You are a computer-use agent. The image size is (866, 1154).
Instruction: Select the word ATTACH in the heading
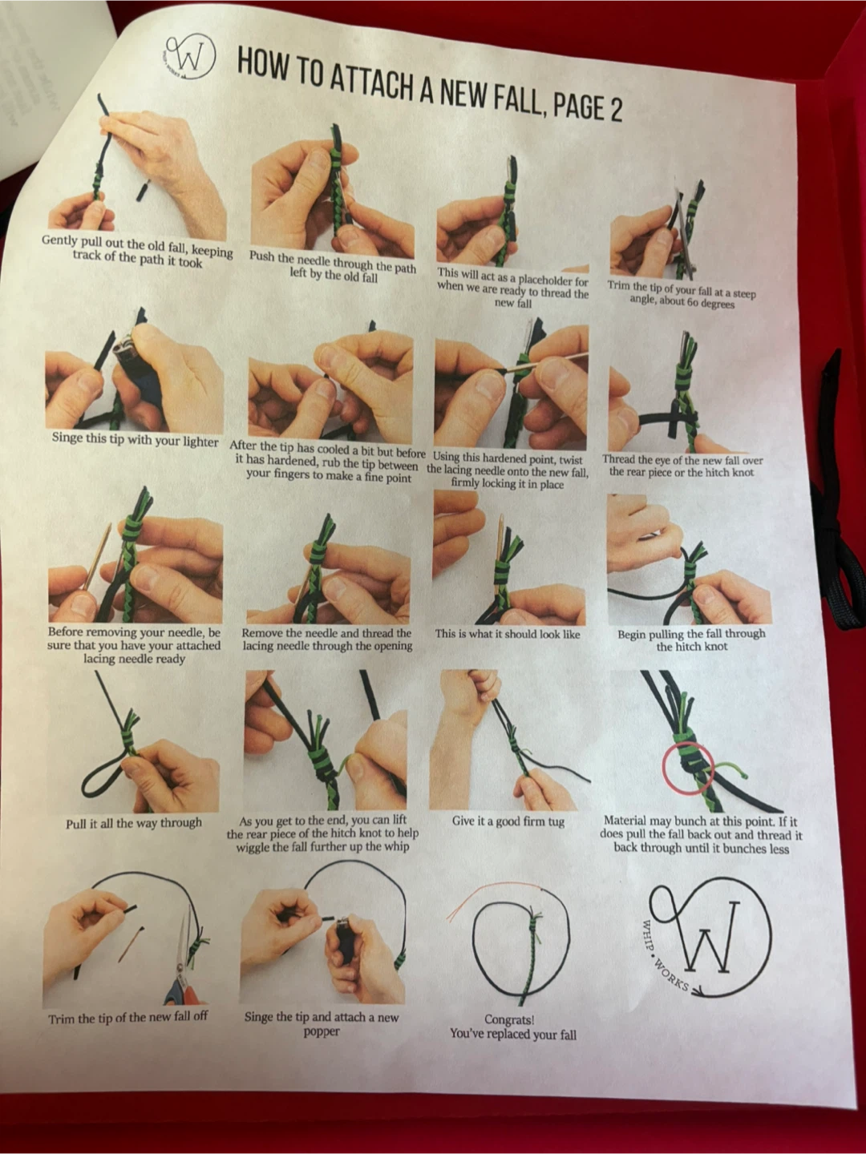point(369,83)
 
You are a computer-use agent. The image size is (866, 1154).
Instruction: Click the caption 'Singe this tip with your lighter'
point(135,439)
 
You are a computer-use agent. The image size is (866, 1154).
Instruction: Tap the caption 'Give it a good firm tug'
point(508,821)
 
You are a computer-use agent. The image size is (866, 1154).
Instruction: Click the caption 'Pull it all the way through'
point(134,823)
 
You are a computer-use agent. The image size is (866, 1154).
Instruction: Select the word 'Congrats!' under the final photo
point(509,1019)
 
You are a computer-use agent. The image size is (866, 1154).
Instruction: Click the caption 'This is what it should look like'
point(508,634)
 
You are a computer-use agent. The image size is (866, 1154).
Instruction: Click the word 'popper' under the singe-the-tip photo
point(322,1031)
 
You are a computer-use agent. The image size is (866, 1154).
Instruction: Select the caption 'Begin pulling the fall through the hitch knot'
point(691,640)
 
